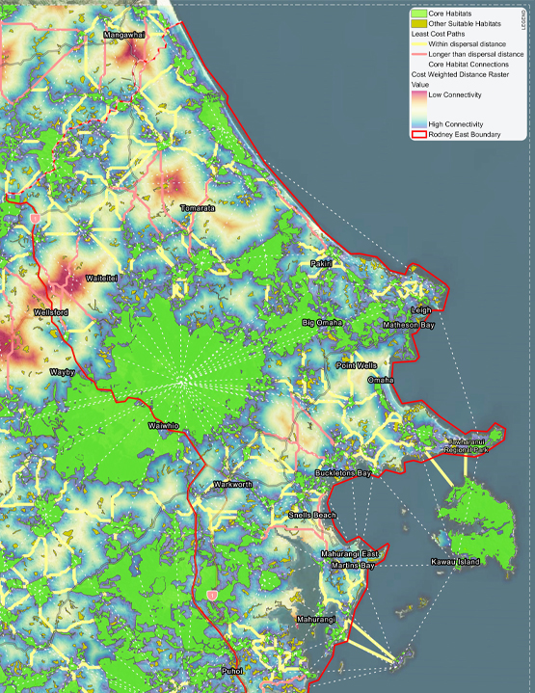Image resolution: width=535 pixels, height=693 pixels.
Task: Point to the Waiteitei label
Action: pos(102,278)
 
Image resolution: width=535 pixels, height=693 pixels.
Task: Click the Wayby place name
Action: pos(63,371)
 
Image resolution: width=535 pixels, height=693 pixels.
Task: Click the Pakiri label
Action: pos(321,263)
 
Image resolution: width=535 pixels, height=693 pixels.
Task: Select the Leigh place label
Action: pos(421,310)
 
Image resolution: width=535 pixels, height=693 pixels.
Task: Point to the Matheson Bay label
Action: pos(408,326)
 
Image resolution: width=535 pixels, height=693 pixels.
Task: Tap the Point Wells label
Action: pos(356,366)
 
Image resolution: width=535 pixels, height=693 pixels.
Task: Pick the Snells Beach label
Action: pos(312,516)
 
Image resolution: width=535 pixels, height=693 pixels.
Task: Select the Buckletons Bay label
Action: pos(343,474)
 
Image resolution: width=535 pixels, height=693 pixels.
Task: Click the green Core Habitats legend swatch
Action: pos(418,14)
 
